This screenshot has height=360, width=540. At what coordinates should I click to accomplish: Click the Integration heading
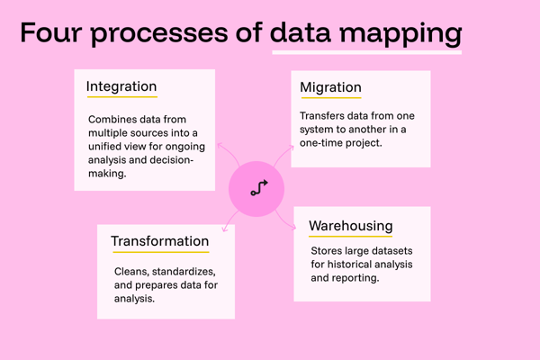tap(121, 86)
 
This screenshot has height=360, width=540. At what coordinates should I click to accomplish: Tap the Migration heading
tap(330, 87)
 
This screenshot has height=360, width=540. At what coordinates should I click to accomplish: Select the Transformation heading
tap(160, 241)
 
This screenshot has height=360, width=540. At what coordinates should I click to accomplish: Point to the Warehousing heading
tap(351, 226)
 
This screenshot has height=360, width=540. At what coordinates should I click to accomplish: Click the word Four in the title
tap(51, 32)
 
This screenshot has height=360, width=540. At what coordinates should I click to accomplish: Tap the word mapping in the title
tap(400, 34)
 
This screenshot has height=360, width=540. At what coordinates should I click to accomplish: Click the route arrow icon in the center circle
tap(259, 188)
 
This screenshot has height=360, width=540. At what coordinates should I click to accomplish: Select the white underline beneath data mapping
tap(367, 52)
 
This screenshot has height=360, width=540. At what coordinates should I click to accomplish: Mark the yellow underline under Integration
tap(122, 97)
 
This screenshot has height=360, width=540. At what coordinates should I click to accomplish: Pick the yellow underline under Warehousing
tap(351, 237)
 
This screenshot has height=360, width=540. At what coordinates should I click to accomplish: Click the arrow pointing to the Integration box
tap(229, 153)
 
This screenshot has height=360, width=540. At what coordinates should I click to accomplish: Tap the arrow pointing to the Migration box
tap(283, 155)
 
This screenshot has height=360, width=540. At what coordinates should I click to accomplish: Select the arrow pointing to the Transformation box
tap(230, 220)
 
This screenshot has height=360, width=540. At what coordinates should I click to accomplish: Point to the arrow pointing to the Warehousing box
tap(285, 220)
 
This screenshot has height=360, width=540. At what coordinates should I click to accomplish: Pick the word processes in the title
tap(159, 34)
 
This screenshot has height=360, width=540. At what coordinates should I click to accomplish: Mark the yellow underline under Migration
tap(331, 98)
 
